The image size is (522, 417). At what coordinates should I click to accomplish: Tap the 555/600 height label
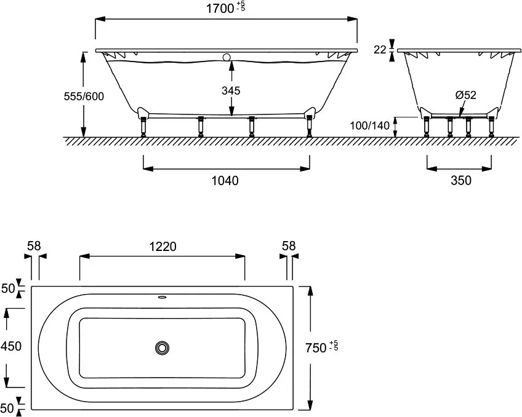coord(84,96)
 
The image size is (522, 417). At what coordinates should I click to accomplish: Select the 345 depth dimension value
coord(231,90)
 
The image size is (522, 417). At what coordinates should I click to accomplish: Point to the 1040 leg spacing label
coord(225,181)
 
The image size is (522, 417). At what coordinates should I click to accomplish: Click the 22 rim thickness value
coord(380,50)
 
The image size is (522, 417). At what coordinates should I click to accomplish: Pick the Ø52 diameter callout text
coord(466,95)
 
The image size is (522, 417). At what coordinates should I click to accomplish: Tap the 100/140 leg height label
coord(369,125)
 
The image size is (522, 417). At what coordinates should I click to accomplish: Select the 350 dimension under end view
coord(461,180)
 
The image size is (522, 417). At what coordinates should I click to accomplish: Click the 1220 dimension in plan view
coord(163,247)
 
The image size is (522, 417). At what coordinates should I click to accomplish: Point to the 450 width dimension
coord(11,346)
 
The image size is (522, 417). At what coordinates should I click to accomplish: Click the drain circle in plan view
coord(162,348)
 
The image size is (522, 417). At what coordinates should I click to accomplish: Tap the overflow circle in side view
coord(227,57)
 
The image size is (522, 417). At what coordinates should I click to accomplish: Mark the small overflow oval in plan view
coord(162,297)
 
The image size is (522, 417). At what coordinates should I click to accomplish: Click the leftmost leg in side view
coord(143,126)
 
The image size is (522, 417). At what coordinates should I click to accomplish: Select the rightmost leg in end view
coord(491,126)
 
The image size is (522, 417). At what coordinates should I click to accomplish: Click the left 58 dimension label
coord(34,246)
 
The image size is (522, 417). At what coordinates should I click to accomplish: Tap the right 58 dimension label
coord(289,246)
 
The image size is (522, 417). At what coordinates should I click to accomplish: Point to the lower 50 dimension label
coord(7,408)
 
